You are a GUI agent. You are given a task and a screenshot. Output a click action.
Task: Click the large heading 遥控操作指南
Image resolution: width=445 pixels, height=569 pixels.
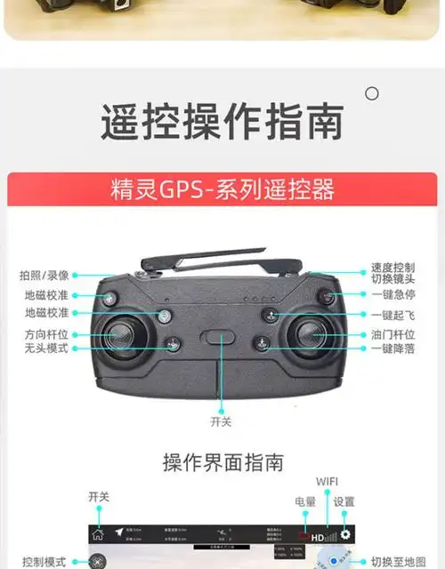tap(222, 122)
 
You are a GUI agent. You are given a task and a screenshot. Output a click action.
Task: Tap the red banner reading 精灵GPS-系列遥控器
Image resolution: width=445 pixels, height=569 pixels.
tap(222, 189)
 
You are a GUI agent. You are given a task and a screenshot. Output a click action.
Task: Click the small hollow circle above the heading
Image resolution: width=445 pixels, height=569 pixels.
tap(372, 93)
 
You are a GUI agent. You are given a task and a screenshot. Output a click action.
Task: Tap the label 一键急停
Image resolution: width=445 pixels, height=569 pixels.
tap(392, 294)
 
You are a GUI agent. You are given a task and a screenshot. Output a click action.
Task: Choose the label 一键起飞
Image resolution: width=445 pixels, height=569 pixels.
tap(392, 315)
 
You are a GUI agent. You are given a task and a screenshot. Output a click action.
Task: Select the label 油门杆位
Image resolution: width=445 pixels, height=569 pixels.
tap(392, 334)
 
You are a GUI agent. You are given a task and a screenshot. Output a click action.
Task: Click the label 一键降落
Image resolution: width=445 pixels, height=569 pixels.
tap(392, 349)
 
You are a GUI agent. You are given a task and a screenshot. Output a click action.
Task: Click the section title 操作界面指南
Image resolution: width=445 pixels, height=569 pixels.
tap(222, 462)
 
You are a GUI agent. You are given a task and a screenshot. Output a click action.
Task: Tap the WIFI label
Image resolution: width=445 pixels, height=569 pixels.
tap(327, 482)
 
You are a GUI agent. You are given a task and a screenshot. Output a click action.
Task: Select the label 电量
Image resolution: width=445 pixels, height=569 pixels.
tap(305, 502)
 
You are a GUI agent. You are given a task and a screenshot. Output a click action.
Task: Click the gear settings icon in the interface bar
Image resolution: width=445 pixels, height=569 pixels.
tap(344, 534)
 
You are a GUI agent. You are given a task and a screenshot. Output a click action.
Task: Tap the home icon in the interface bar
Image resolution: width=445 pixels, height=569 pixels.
tap(98, 534)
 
